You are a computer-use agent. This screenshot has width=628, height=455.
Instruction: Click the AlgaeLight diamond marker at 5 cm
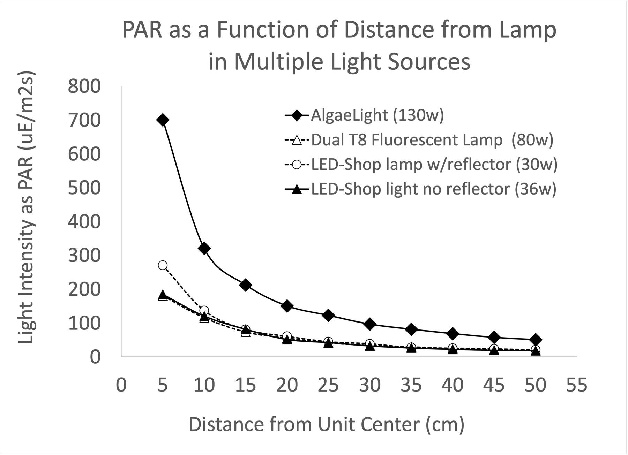coord(163,120)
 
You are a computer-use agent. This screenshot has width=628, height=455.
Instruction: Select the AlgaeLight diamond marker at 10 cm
coord(204,248)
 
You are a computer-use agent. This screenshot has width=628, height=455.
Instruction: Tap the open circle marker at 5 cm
coord(163,265)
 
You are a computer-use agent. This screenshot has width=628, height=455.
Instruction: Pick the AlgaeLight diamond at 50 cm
coord(536,339)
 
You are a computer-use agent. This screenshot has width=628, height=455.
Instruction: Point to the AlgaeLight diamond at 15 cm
coord(246,285)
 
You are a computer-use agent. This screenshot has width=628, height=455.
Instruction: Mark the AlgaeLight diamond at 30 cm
coord(370,324)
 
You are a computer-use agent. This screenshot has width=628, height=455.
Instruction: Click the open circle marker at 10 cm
coord(204,310)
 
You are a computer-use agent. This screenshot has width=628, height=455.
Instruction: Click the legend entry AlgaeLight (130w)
coord(377,115)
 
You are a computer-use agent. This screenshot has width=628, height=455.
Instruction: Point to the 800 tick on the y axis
coord(84,86)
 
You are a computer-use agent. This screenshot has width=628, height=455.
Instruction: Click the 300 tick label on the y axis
coord(84,256)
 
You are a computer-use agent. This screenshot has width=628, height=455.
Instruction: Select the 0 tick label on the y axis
coord(95,357)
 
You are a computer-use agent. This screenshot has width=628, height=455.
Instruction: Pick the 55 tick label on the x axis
coord(577,385)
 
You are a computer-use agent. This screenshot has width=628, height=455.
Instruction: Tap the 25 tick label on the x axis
coord(328,385)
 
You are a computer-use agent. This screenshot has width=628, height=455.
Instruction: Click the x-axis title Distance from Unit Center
coord(327,425)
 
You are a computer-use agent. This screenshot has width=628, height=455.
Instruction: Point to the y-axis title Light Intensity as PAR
coord(27,207)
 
